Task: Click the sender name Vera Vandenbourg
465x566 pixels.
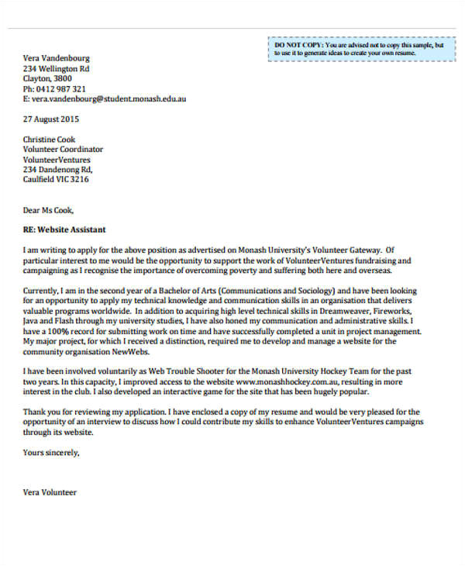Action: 57,58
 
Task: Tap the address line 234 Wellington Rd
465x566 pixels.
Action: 57,68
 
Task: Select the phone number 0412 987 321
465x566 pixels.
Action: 60,89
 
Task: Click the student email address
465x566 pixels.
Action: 108,99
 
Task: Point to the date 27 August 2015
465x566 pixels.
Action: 50,120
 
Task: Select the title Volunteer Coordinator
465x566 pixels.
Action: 63,150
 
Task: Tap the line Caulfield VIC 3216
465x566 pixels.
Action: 56,179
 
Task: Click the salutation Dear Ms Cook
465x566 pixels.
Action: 49,209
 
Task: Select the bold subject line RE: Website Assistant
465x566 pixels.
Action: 64,230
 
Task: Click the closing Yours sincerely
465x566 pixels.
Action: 51,452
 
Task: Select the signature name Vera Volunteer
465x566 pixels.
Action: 50,492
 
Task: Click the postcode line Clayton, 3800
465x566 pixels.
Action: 47,78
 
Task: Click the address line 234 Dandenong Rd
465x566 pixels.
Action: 58,169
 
